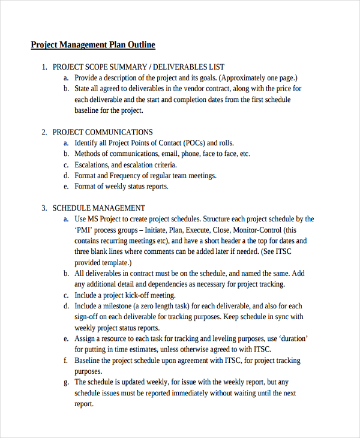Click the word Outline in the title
pos(140,45)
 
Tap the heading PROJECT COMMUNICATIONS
pos(103,132)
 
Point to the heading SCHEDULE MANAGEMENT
pos(98,208)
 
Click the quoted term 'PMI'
pos(83,230)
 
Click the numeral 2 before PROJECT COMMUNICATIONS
pos(44,132)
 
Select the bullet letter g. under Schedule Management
pos(65,382)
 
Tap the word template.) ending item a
pos(116,263)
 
